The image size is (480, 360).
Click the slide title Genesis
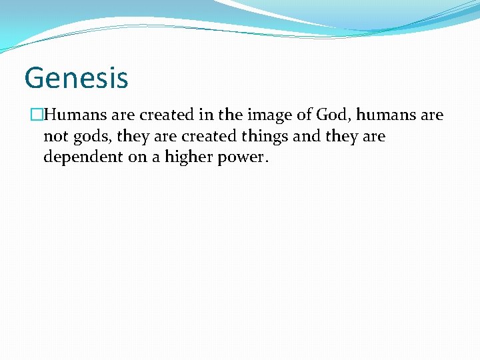tap(76, 77)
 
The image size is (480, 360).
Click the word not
tap(55, 137)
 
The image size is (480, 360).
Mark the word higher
tap(183, 158)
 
